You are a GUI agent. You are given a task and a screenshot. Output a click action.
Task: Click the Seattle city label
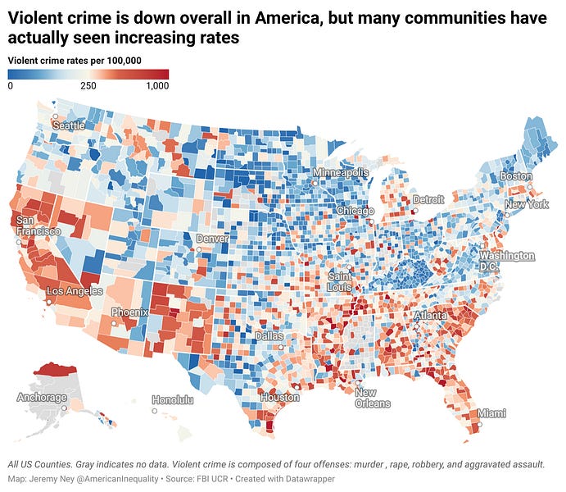pos(68,125)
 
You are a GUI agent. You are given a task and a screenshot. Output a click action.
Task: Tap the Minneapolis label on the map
pos(339,173)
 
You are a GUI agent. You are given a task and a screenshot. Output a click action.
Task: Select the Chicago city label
pos(355,211)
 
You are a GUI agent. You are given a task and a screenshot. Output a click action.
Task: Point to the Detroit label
pos(428,199)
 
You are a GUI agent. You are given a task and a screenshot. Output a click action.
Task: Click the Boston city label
pos(516,176)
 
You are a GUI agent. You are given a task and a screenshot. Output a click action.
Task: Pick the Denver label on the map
pos(212,238)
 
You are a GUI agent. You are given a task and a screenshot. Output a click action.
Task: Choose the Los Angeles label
pos(75,291)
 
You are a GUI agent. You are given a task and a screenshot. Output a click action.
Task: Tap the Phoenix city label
pos(130,312)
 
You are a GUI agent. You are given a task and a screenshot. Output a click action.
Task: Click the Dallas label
pos(269,336)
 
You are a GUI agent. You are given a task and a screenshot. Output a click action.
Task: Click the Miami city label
pos(492,412)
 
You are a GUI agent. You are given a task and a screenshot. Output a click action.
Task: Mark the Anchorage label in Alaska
pos(42,398)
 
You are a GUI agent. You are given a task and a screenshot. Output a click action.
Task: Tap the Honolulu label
pos(173,400)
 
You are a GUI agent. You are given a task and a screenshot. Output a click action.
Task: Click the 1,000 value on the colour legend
pos(157,85)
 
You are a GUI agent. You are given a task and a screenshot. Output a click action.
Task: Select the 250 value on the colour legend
pos(88,85)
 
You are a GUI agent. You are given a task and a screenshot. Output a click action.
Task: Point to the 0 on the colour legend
pos(11,85)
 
